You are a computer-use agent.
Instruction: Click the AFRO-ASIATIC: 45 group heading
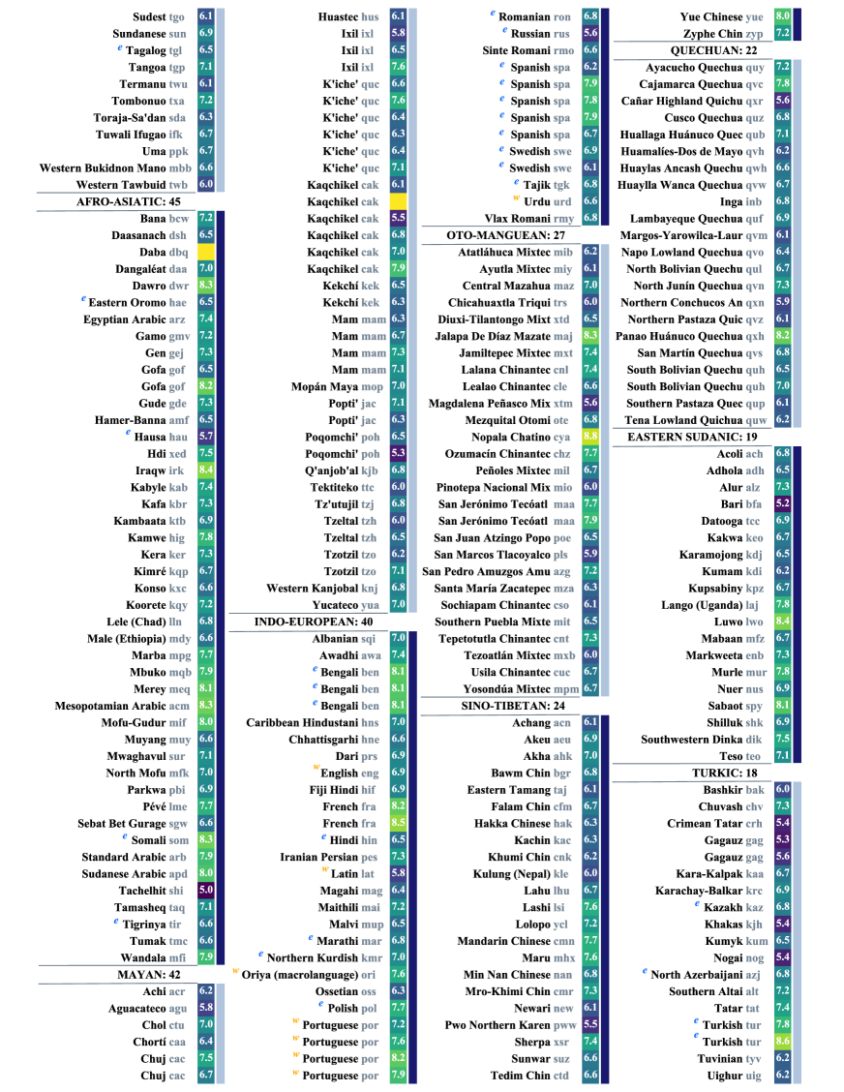pyautogui.click(x=129, y=201)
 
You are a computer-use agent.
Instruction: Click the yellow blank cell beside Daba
pyautogui.click(x=205, y=252)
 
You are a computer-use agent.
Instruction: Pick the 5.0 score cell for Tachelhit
pyautogui.click(x=205, y=890)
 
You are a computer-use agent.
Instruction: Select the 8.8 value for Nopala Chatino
pyautogui.click(x=590, y=437)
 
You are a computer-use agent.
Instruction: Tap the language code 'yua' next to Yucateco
pyautogui.click(x=370, y=604)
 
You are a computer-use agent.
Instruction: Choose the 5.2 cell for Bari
pyautogui.click(x=783, y=503)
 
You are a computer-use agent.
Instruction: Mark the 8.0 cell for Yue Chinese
pyautogui.click(x=783, y=16)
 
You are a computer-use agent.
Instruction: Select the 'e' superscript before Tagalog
pyautogui.click(x=119, y=46)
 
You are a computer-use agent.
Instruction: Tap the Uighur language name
pyautogui.click(x=721, y=1075)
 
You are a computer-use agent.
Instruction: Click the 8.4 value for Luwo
pyautogui.click(x=783, y=621)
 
